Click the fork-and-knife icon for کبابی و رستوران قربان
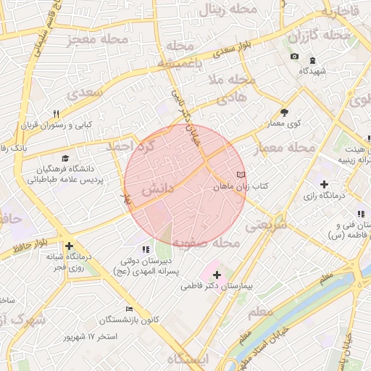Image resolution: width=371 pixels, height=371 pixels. (56, 114)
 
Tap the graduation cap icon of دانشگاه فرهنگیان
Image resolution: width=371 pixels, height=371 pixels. (65, 158)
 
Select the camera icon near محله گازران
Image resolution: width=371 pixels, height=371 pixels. (294, 57)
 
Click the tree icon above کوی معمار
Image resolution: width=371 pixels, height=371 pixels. (284, 112)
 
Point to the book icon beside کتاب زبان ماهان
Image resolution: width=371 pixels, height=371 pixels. (241, 175)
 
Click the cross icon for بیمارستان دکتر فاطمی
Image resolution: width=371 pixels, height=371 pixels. (217, 275)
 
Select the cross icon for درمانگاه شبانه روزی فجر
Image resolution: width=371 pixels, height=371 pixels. (69, 246)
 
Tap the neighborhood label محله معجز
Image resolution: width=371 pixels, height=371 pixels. (97, 39)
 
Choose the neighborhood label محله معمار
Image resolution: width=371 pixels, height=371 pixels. (285, 148)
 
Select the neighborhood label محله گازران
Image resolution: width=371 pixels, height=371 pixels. (318, 36)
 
